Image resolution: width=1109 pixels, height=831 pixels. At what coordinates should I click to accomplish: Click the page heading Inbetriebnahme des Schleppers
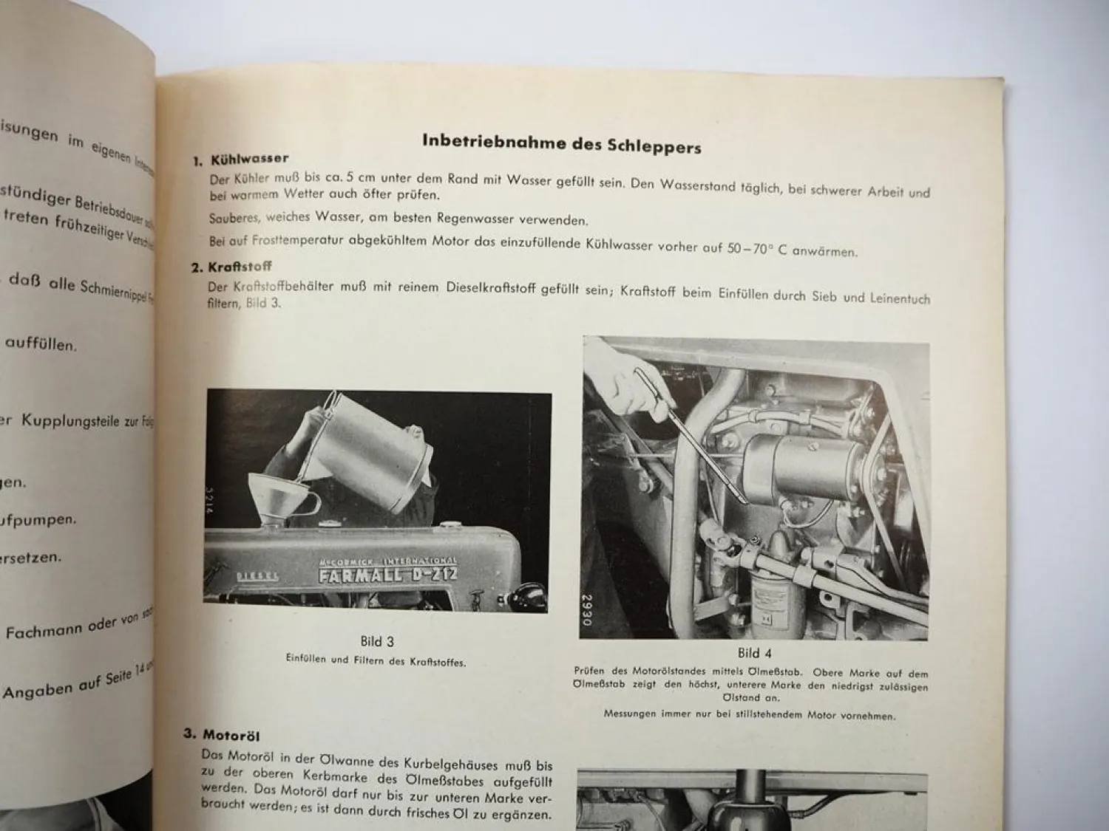coord(561,143)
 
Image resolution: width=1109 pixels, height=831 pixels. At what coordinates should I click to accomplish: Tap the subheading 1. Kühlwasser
coord(241,159)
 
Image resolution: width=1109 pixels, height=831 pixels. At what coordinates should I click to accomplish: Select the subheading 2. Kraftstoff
coord(231,267)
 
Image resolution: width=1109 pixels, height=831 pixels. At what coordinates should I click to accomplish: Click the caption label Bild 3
coord(377,642)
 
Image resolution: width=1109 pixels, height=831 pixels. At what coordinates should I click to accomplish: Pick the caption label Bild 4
coord(754,653)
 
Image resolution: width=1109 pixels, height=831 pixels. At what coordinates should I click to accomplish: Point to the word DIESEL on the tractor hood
coord(257,575)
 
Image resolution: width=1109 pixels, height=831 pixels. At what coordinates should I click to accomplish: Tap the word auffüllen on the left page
coord(41,343)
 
